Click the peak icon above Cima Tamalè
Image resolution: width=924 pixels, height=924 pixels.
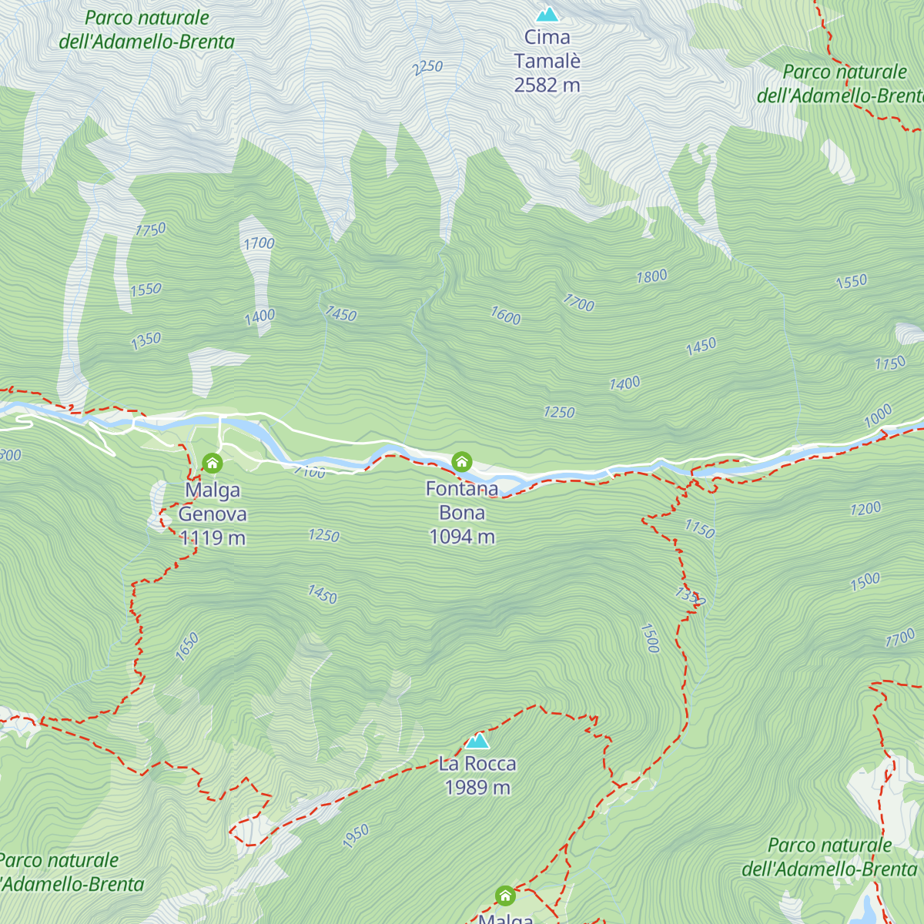coord(547,14)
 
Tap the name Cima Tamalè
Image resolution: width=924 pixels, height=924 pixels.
coord(547,49)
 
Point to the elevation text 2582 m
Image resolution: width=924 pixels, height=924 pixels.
coord(547,85)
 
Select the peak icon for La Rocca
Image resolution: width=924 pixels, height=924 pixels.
coord(477,741)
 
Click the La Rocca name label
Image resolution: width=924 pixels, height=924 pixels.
coord(477,764)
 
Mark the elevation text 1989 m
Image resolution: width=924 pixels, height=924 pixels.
coord(477,788)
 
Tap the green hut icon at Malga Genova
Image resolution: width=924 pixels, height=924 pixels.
coord(213,463)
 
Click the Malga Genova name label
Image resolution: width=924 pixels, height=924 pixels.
coord(213,502)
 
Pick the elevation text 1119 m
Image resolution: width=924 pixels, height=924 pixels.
coord(213,538)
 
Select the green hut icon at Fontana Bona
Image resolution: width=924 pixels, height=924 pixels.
coord(461,461)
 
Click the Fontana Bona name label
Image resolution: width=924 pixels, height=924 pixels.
coord(462,500)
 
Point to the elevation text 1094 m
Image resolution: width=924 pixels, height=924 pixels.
coord(462,537)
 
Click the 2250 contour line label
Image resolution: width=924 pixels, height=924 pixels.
coord(427,68)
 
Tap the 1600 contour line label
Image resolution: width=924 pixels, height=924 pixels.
coord(506,316)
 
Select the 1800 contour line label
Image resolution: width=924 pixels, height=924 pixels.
coord(651,276)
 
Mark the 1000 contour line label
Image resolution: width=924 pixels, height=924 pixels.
coord(878,416)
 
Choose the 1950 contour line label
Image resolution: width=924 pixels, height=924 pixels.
coord(356,835)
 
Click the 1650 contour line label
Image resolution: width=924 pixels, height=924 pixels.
coord(187,646)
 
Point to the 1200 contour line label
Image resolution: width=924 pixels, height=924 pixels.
coord(865,509)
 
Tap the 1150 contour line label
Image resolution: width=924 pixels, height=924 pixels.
coord(700,529)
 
